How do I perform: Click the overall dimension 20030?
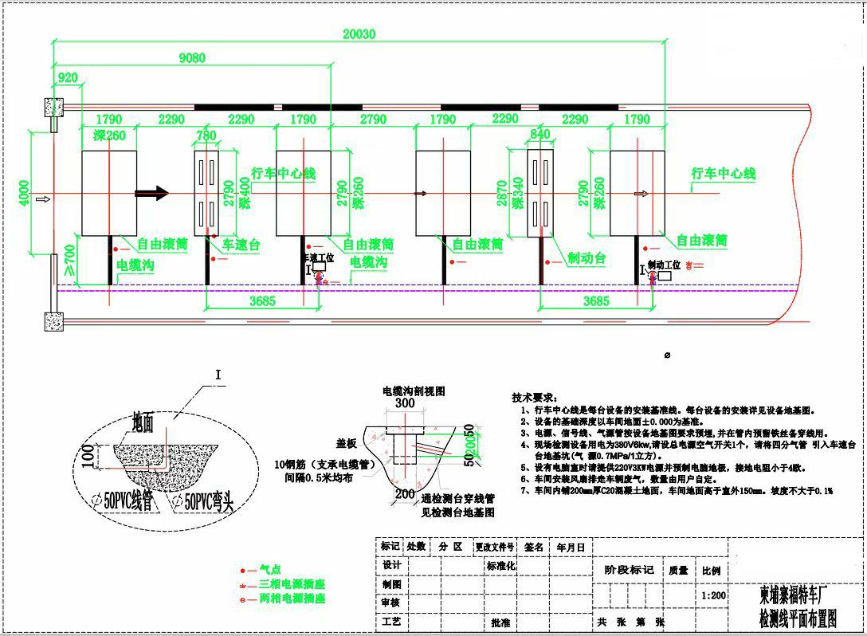pyautogui.click(x=359, y=33)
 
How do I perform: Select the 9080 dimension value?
pyautogui.click(x=191, y=57)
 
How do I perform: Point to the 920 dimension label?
pyautogui.click(x=69, y=77)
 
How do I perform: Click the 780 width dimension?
pyautogui.click(x=206, y=136)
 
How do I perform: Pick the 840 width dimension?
pyautogui.click(x=539, y=135)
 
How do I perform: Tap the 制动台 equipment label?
pyautogui.click(x=587, y=258)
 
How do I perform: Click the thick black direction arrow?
pyautogui.click(x=151, y=193)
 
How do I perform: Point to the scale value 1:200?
pyautogui.click(x=713, y=595)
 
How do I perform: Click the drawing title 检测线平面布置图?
pyautogui.click(x=798, y=618)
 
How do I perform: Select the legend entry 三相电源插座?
pyautogui.click(x=292, y=584)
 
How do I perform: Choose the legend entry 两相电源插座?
pyautogui.click(x=292, y=598)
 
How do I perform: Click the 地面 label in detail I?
pyautogui.click(x=145, y=421)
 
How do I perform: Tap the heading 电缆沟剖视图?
pyautogui.click(x=414, y=391)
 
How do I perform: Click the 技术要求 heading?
pyautogui.click(x=534, y=397)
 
